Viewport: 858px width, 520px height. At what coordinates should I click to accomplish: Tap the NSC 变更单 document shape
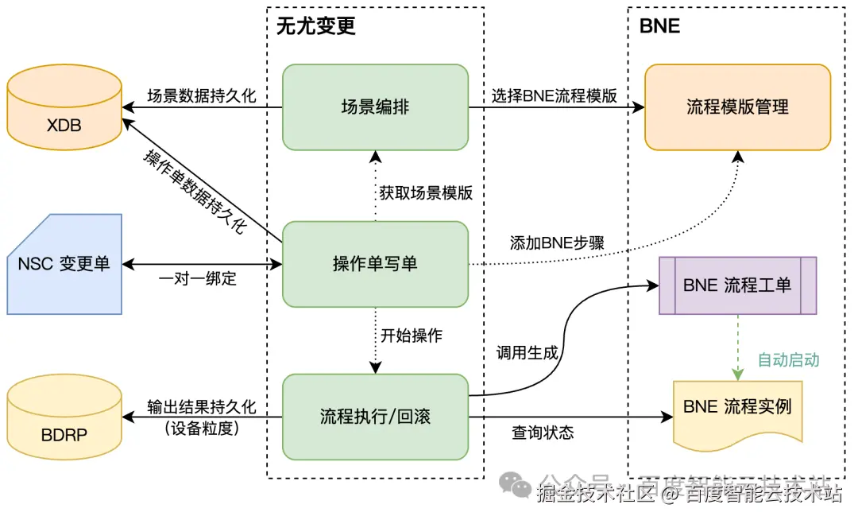64,264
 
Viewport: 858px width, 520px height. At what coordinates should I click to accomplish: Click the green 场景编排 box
375,107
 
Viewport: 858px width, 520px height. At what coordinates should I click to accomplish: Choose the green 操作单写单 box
375,264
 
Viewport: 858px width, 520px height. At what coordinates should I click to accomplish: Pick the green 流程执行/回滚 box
375,417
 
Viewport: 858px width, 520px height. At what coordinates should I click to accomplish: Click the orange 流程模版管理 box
737,107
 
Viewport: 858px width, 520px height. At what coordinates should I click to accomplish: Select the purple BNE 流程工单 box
737,285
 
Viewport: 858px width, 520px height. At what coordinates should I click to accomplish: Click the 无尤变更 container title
316,26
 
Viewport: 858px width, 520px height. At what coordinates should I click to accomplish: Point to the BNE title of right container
659,26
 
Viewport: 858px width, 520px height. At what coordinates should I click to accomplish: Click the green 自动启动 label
787,360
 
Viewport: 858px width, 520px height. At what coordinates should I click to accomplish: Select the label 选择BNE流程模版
555,96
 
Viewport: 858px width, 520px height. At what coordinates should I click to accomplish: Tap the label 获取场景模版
426,192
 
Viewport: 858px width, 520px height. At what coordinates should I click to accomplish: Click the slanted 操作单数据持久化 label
195,191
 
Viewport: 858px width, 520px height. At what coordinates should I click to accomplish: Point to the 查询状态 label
543,433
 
